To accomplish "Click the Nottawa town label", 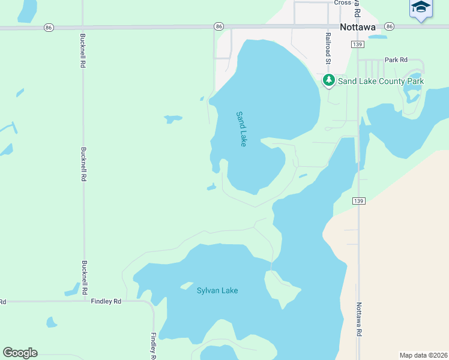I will [x=357, y=27].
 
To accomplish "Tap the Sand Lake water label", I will [x=241, y=128].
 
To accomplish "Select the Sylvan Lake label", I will [x=217, y=290].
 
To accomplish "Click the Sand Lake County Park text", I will [x=381, y=81].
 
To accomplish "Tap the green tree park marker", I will [x=328, y=80].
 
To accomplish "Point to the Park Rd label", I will [x=396, y=60].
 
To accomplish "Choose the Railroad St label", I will [x=328, y=47].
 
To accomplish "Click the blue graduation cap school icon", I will [x=421, y=8].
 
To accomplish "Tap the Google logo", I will [x=20, y=353].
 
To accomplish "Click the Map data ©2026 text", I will [x=423, y=355].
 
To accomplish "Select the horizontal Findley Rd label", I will [x=106, y=301].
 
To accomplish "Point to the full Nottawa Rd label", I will [x=360, y=319].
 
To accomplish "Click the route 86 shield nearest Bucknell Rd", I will [x=49, y=27].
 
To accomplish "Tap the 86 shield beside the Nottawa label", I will [x=390, y=26].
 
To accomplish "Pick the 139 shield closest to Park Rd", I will [x=358, y=45].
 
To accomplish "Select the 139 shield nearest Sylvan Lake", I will [x=358, y=200].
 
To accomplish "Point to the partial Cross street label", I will [x=342, y=2].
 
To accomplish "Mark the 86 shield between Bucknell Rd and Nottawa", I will [x=219, y=26].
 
